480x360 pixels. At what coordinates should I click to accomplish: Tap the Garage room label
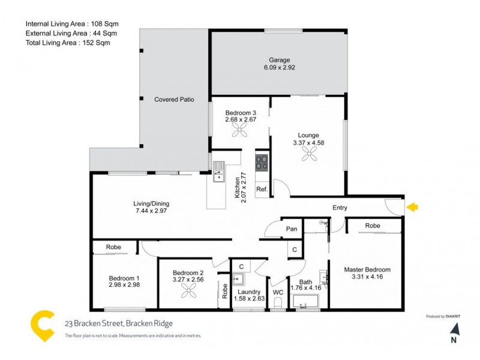(x=279, y=60)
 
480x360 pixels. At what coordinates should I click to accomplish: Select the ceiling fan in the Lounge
(x=310, y=155)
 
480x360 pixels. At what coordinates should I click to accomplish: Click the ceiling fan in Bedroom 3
(x=240, y=131)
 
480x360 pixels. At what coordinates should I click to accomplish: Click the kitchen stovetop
(x=262, y=163)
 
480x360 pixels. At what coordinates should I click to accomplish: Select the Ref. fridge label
(x=262, y=189)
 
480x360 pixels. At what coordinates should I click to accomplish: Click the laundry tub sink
(x=238, y=278)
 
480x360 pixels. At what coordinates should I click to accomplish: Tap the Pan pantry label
(x=292, y=229)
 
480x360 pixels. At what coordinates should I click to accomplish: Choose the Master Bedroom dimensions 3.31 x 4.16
(x=367, y=277)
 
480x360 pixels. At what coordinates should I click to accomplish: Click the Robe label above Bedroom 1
(x=113, y=247)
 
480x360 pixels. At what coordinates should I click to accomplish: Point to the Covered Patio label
(x=174, y=99)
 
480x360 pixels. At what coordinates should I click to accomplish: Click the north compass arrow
(x=454, y=329)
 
